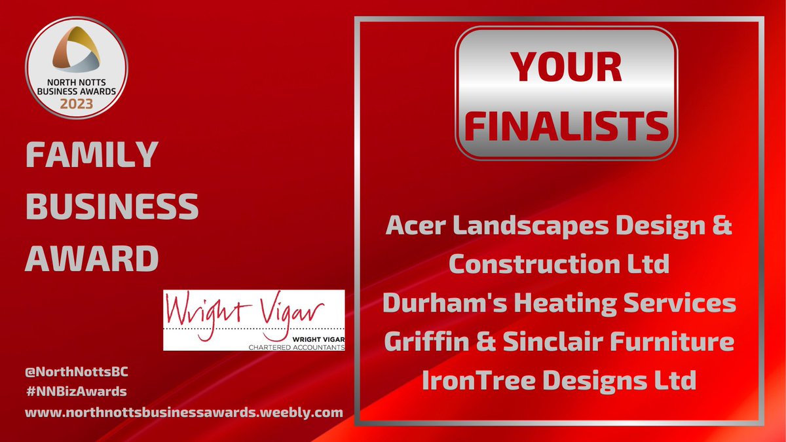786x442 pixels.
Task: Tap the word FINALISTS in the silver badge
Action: [x=566, y=126]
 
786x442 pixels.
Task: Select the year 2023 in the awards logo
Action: [x=77, y=103]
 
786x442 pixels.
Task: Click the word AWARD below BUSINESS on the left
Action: [x=92, y=259]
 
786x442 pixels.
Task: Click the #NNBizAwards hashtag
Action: [x=76, y=392]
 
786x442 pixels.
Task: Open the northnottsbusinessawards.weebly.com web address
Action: [x=184, y=413]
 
